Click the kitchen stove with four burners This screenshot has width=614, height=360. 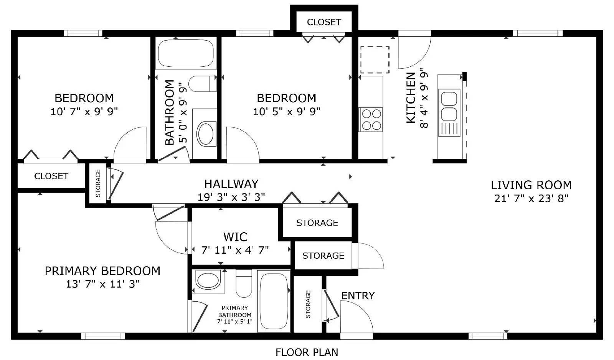[371, 120]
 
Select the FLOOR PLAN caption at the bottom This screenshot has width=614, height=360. [307, 352]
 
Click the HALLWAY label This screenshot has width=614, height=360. [231, 184]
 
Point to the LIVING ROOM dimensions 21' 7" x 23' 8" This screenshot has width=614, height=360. [531, 198]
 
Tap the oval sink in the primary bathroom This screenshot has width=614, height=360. [208, 280]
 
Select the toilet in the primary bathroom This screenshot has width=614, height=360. [244, 284]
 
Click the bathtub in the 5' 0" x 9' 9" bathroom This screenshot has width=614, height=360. [186, 54]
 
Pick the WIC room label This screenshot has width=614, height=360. [235, 236]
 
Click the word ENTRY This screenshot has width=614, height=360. [358, 296]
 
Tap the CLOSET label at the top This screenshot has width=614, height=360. [324, 22]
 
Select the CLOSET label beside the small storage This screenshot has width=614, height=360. [51, 176]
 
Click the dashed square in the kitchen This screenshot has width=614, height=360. [375, 60]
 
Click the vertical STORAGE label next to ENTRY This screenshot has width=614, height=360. [308, 304]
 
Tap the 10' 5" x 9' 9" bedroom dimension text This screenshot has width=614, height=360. [286, 112]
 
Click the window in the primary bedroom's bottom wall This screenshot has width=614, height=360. [103, 336]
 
